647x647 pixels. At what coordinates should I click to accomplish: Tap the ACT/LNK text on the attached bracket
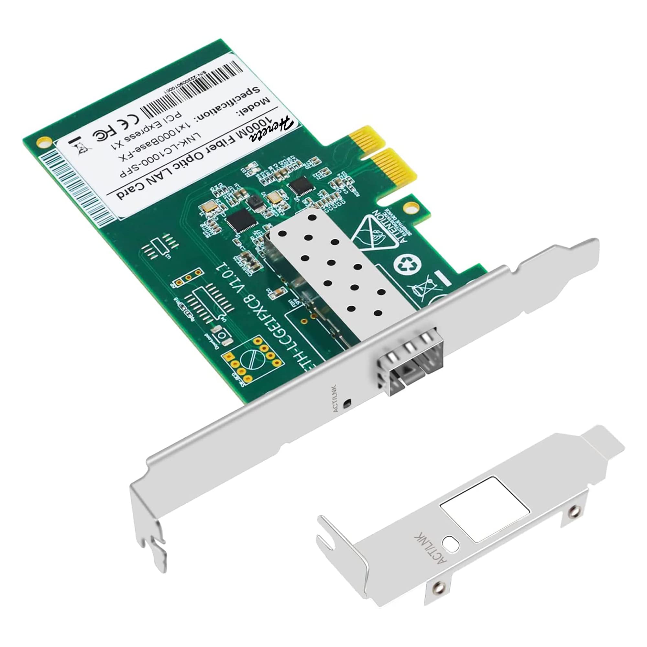point(335,399)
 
